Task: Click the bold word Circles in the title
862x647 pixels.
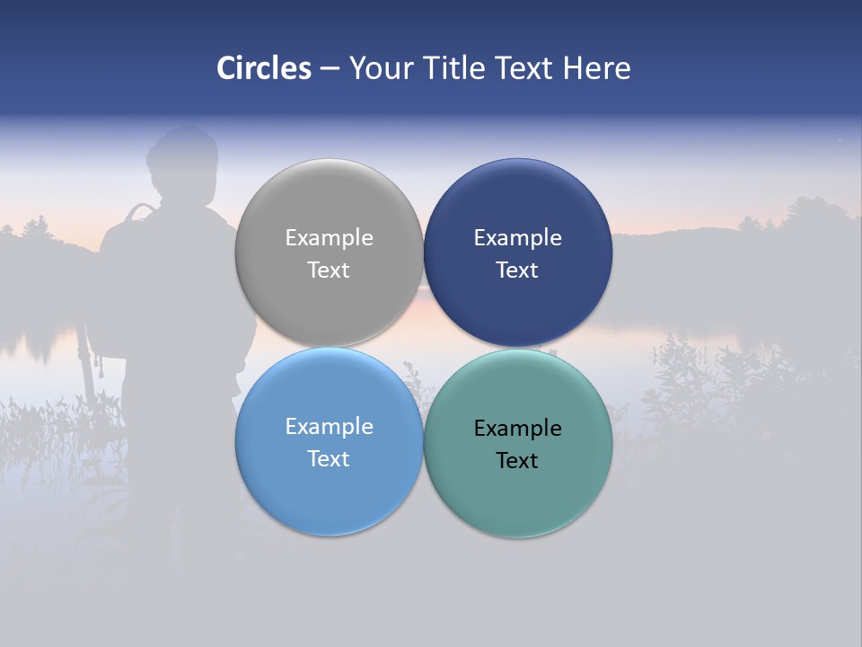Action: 264,68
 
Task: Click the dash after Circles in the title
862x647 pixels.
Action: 329,69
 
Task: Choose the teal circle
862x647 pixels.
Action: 518,503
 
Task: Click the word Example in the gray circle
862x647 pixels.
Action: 329,238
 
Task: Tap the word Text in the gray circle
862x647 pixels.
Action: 329,270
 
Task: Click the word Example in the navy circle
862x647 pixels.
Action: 518,238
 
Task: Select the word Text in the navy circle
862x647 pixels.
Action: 518,270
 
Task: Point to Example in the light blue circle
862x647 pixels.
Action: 329,427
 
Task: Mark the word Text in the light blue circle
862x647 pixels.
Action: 329,459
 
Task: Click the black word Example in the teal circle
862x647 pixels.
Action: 518,429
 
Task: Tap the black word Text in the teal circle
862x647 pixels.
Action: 518,461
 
